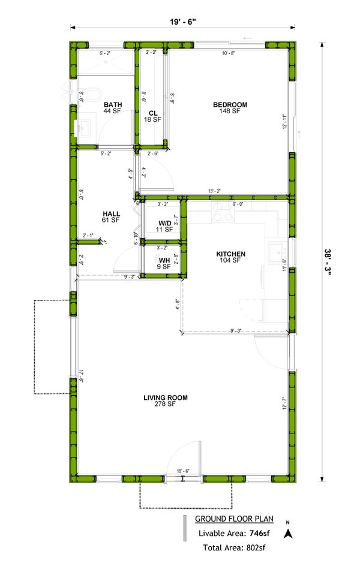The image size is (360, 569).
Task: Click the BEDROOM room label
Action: coord(230,105)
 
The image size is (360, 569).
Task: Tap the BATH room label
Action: coord(112,105)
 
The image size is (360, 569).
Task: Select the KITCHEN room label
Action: coord(231,254)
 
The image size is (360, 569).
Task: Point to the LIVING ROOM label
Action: coord(166,398)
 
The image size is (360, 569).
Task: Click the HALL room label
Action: coord(112,213)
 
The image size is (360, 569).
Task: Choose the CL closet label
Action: coord(153,113)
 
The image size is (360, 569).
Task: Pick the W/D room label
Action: coord(164,223)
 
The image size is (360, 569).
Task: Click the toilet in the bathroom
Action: coord(92,95)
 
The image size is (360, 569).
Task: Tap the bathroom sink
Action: coord(83,128)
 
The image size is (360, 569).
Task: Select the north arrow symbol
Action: coord(288,532)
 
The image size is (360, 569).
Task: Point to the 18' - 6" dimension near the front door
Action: coord(182,471)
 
